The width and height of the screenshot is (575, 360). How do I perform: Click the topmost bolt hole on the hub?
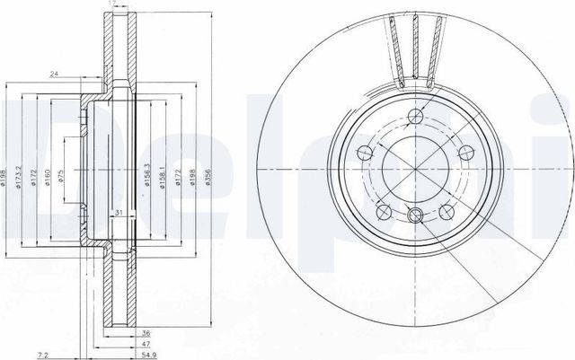[x=414, y=115]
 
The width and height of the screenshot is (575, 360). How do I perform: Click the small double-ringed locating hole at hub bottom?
[x=414, y=215]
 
